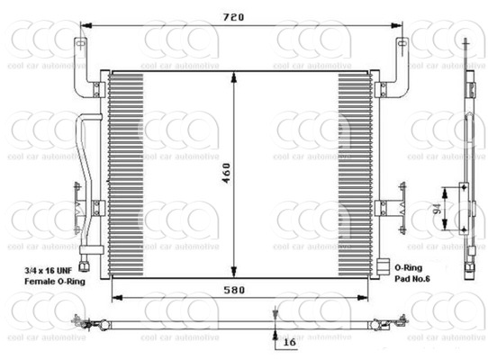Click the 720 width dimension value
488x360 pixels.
(234, 17)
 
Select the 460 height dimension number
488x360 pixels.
(226, 173)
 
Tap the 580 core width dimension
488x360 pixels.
(234, 290)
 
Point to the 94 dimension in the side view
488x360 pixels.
(438, 209)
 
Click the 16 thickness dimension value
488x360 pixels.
(289, 342)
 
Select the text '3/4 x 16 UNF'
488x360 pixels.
(49, 270)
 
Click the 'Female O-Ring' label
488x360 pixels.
(55, 282)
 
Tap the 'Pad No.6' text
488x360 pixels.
(412, 279)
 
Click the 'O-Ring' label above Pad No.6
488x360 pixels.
(409, 268)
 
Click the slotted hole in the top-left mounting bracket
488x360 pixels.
(80, 42)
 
